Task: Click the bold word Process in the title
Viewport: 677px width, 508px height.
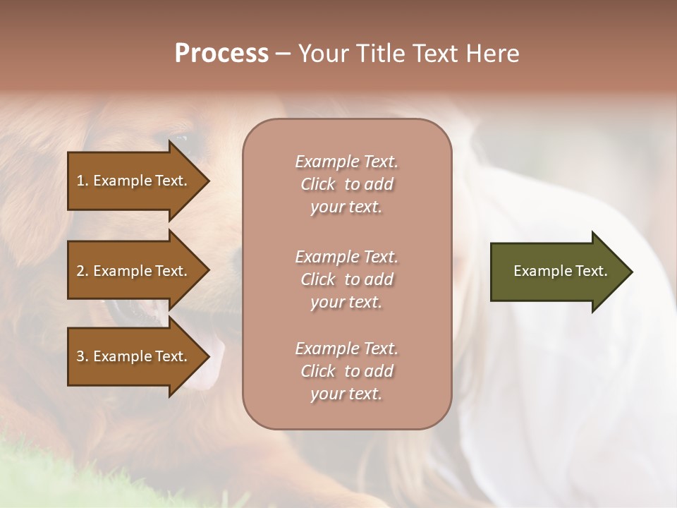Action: (x=221, y=54)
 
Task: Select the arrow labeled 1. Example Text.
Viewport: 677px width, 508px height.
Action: (x=134, y=181)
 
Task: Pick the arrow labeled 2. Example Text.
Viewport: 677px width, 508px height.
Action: (x=134, y=271)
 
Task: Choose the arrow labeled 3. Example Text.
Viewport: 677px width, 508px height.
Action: (x=134, y=356)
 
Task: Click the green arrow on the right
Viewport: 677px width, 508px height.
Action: (x=557, y=271)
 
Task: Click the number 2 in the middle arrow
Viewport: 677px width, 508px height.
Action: (x=80, y=271)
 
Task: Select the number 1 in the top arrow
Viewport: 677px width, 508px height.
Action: (x=80, y=181)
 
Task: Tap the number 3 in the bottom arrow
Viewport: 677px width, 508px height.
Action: (x=80, y=356)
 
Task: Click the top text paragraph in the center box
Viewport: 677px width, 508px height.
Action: (x=346, y=184)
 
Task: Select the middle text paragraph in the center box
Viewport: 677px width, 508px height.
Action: (x=346, y=279)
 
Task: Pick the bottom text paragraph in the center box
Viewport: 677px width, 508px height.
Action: (x=346, y=371)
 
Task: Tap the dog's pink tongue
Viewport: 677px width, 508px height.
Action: (x=212, y=363)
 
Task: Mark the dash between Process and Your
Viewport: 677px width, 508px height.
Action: (x=283, y=54)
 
